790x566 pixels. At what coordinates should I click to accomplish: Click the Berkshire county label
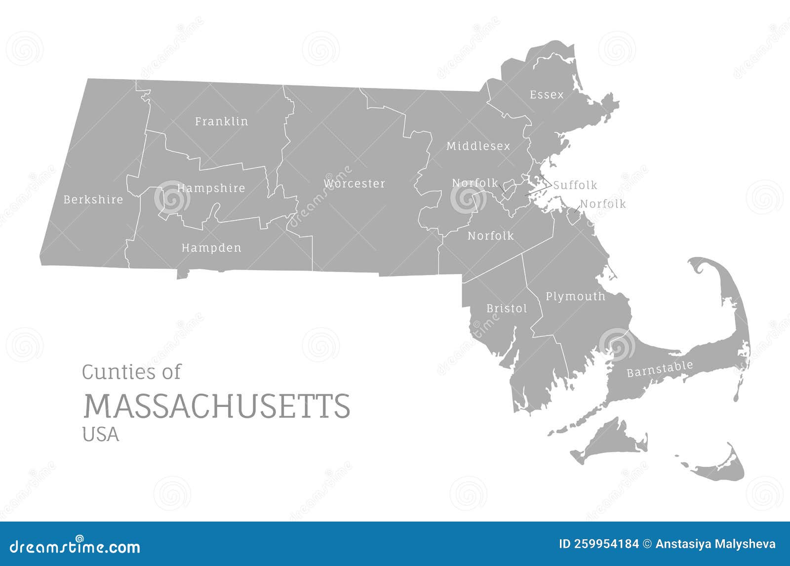tap(93, 200)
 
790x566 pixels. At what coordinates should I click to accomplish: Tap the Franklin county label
tap(221, 121)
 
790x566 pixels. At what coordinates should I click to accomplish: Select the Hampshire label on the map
tap(211, 188)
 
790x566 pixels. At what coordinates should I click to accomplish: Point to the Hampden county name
tap(211, 248)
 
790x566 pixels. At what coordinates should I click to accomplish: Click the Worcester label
tap(354, 184)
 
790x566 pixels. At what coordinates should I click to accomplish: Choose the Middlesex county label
tap(478, 146)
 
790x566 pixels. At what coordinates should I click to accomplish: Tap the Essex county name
tap(546, 95)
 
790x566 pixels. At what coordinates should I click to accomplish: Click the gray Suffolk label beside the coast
tap(575, 185)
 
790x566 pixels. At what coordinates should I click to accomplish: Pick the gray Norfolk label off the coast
tap(602, 204)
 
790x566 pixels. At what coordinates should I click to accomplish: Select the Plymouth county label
tap(575, 296)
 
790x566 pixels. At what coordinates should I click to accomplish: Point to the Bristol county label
tap(507, 309)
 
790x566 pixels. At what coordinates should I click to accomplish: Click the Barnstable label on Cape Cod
tap(660, 369)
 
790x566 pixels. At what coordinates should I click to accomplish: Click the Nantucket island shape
tap(721, 467)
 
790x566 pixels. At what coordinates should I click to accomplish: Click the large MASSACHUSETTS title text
tap(216, 406)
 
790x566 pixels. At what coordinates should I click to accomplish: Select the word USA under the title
tap(101, 434)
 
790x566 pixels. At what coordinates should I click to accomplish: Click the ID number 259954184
tap(598, 544)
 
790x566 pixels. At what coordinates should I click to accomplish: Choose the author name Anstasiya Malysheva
tap(715, 544)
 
